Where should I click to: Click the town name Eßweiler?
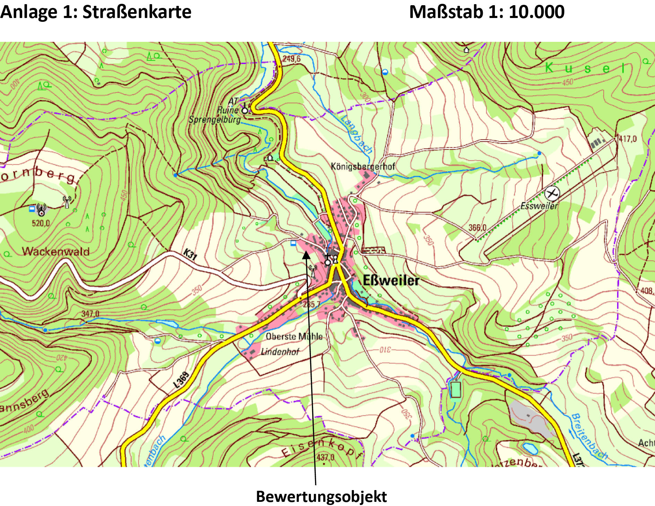[x=391, y=280]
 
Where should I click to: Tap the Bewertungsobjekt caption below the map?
[x=321, y=497]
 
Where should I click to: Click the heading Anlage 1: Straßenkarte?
[x=96, y=12]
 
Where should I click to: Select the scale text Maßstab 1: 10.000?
[x=487, y=12]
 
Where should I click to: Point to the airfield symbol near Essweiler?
[x=552, y=193]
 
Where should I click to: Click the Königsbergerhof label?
[x=363, y=166]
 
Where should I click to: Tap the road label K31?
[x=190, y=254]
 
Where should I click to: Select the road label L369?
[x=182, y=380]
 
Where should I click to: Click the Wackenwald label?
[x=56, y=251]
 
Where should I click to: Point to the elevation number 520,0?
[x=41, y=223]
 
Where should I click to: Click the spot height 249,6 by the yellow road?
[x=291, y=59]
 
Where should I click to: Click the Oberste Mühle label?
[x=294, y=336]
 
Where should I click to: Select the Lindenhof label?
[x=280, y=352]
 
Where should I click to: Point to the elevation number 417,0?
[x=628, y=139]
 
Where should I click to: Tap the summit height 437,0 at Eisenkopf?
[x=325, y=457]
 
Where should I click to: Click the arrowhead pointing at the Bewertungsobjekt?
[x=306, y=254]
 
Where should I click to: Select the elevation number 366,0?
[x=477, y=227]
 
